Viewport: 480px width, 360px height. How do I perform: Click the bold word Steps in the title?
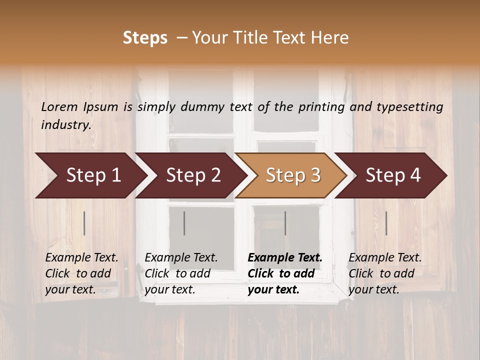(x=145, y=38)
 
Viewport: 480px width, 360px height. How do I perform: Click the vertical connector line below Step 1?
(x=84, y=223)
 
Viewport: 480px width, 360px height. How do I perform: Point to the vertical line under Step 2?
(x=184, y=223)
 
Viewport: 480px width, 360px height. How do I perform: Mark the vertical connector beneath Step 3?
(x=285, y=223)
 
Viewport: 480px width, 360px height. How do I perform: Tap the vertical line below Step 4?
(x=386, y=223)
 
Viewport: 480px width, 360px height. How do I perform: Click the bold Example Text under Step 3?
(x=285, y=258)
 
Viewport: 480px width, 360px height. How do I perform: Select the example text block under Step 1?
(x=81, y=273)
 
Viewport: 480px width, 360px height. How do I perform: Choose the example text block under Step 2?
(x=181, y=273)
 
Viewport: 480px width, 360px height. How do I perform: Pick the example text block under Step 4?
(x=385, y=273)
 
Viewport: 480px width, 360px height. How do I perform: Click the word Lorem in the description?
(x=59, y=106)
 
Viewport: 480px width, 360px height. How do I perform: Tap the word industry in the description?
(x=66, y=125)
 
